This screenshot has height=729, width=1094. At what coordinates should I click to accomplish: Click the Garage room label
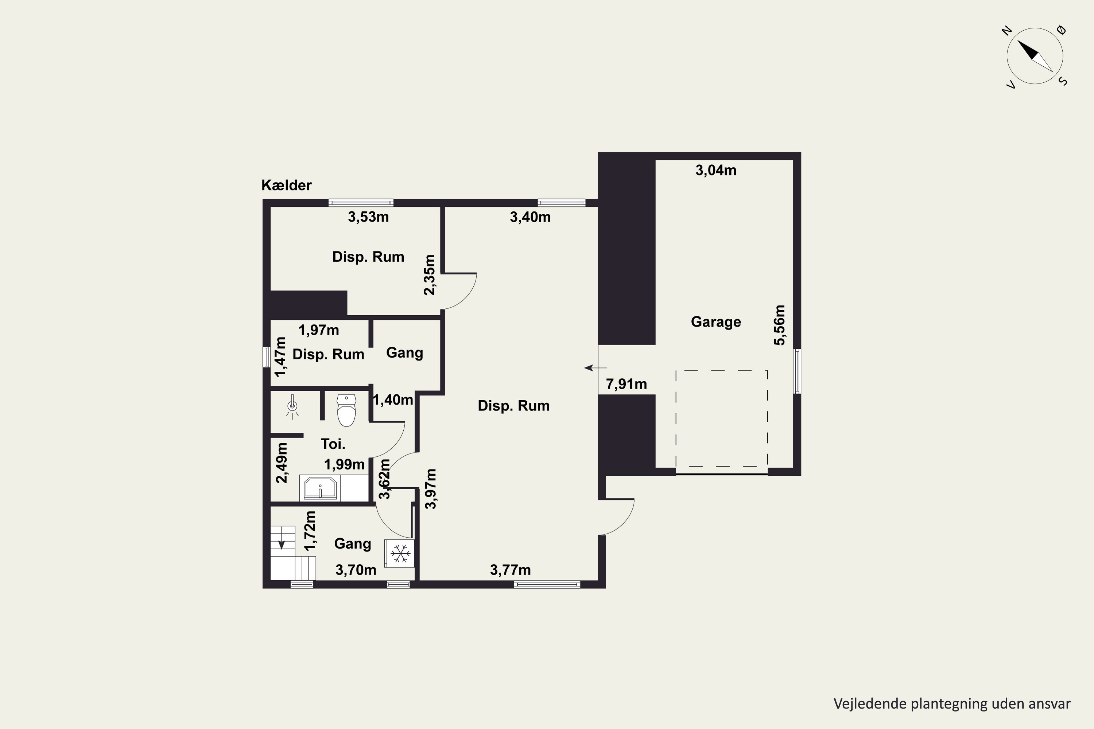coord(716,322)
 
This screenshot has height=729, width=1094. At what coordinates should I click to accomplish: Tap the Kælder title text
coord(287,185)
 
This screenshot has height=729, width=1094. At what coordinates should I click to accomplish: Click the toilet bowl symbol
coord(346,410)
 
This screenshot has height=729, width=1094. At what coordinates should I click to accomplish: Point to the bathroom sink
coord(320,488)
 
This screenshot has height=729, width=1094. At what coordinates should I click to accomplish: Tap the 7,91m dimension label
coord(626,385)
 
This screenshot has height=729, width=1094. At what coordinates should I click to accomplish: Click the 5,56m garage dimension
coord(780,325)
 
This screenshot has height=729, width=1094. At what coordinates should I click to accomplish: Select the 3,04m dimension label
coord(716,171)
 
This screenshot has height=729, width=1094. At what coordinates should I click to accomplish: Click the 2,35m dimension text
coord(430,275)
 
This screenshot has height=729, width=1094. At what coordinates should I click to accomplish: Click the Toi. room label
coord(333,444)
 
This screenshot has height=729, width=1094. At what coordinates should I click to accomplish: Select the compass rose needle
coord(1035,56)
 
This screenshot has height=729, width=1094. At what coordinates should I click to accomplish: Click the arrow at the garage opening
coord(596,368)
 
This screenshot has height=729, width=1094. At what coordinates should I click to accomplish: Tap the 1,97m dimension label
coord(319,330)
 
